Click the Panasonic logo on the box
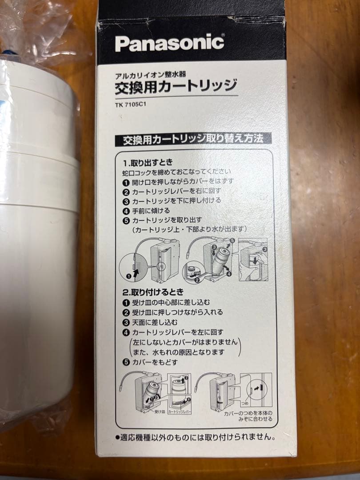(x=169, y=43)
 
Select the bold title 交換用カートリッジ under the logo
(x=176, y=85)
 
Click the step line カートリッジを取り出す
(x=167, y=220)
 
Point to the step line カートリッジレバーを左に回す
(x=177, y=332)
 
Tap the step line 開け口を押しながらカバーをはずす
(x=183, y=181)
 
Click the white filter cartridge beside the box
(x=38, y=244)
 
